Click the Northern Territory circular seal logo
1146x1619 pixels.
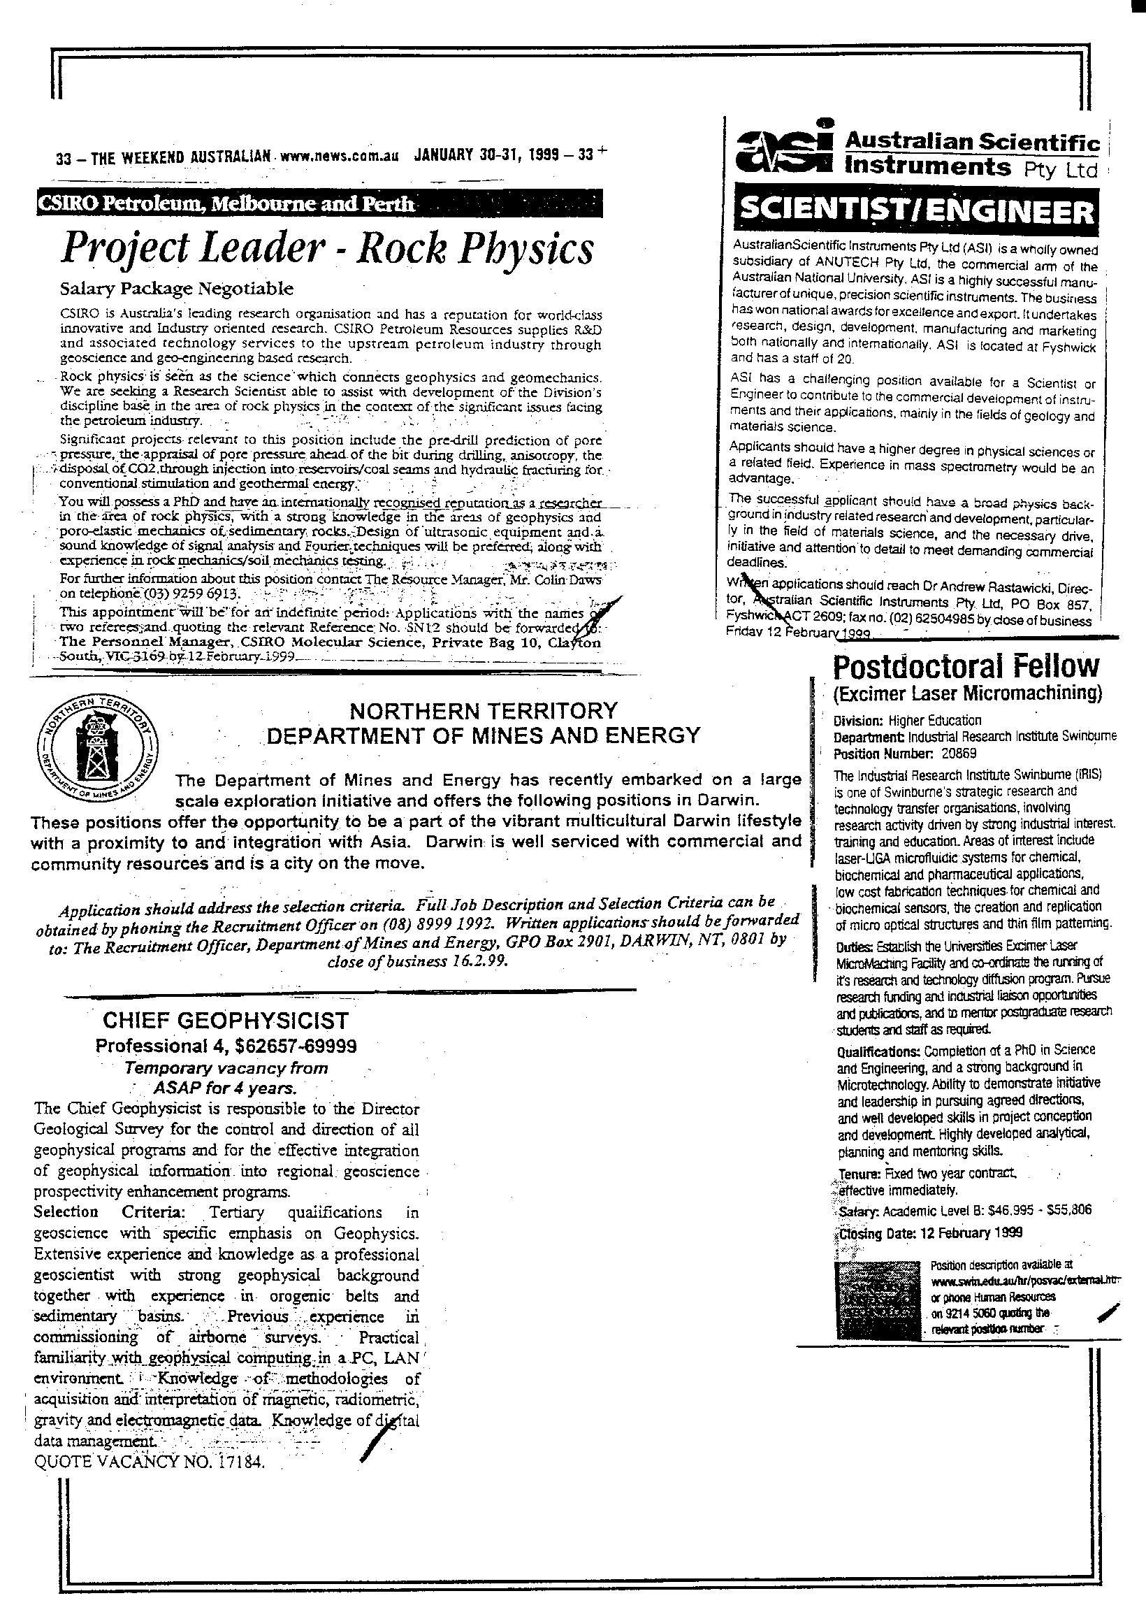click(x=97, y=748)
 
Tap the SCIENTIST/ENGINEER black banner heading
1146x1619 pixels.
click(x=915, y=210)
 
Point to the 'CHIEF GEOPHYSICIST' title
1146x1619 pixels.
click(x=226, y=1021)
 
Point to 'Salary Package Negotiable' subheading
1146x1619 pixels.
click(x=176, y=289)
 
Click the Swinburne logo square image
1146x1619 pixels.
click(x=878, y=1300)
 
